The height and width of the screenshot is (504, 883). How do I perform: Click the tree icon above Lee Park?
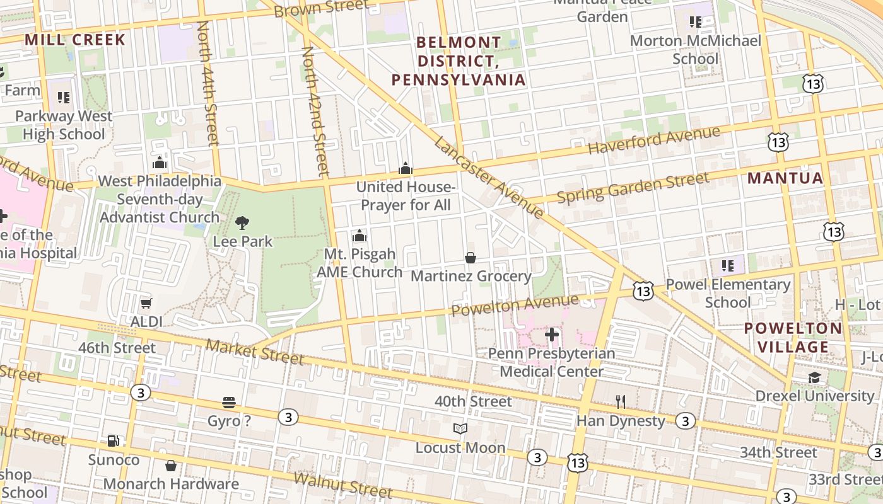pos(242,222)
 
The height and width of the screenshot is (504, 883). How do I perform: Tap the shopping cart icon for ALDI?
pos(146,303)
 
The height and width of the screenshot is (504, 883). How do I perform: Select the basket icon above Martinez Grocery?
pos(471,258)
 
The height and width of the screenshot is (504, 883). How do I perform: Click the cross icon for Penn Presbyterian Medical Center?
pos(552,335)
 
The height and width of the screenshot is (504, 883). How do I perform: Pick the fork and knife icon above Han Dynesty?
pos(621,402)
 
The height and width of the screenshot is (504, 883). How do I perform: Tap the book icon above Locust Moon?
pos(460,429)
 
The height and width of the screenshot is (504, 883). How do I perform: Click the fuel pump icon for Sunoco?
pos(114,441)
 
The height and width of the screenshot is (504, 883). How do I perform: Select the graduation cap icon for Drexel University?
pos(815,377)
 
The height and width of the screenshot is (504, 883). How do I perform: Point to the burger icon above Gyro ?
pos(229,403)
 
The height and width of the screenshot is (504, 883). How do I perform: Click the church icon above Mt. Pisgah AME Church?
pos(360,236)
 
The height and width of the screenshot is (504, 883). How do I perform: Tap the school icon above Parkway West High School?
pos(64,98)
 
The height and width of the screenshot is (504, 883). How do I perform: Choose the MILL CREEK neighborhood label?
pos(75,40)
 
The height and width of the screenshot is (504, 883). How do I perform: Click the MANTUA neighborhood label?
pos(785,178)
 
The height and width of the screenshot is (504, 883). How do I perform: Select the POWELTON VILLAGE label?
pos(793,338)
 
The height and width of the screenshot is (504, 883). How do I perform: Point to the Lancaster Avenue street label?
pos(489,178)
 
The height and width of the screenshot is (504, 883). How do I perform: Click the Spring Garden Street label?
pos(633,188)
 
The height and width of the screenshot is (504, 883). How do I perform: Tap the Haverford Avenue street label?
pos(653,140)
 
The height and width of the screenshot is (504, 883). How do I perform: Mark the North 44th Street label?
pos(208,83)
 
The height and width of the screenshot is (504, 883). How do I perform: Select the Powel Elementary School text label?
pos(728,293)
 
